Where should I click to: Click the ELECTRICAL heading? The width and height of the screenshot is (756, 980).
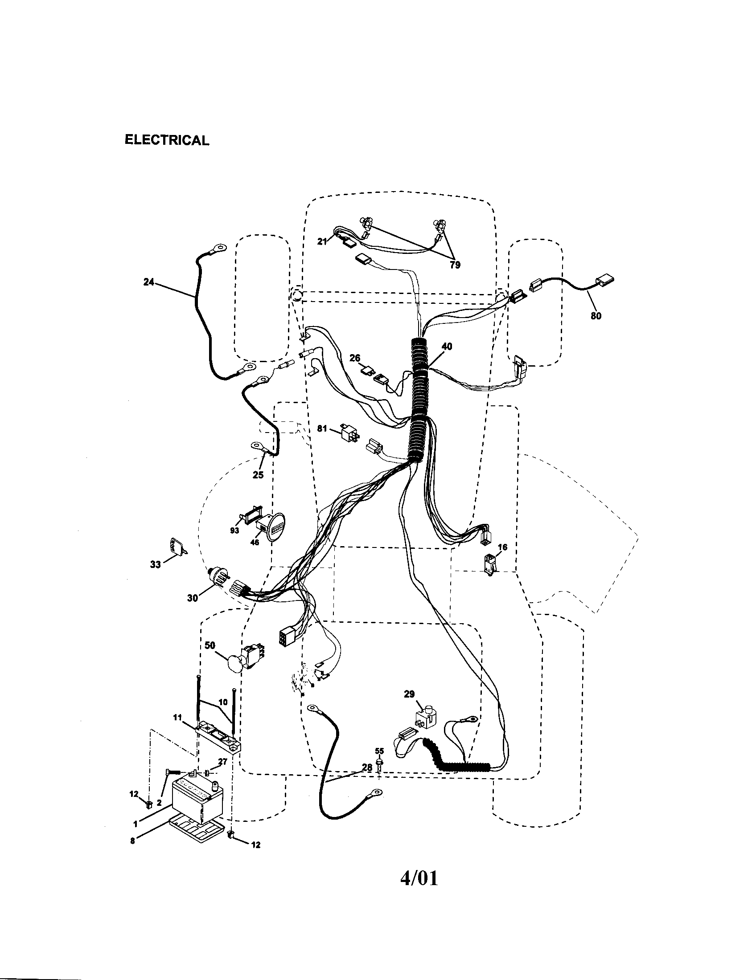[x=167, y=140]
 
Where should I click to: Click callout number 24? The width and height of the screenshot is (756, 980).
[x=148, y=282]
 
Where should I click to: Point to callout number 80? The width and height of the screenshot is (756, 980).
[x=596, y=316]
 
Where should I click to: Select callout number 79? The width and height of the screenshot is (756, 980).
[x=455, y=265]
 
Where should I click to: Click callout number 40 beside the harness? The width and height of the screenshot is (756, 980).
[x=447, y=347]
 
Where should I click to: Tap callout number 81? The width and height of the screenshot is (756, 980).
[x=322, y=429]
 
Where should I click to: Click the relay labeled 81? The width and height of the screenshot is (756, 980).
[x=349, y=432]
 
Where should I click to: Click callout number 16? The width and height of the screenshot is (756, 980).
[x=502, y=547]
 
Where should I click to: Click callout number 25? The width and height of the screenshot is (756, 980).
[x=258, y=475]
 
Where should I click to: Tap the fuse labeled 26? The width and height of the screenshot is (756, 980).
[x=369, y=371]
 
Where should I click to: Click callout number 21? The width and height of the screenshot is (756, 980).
[x=322, y=242]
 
